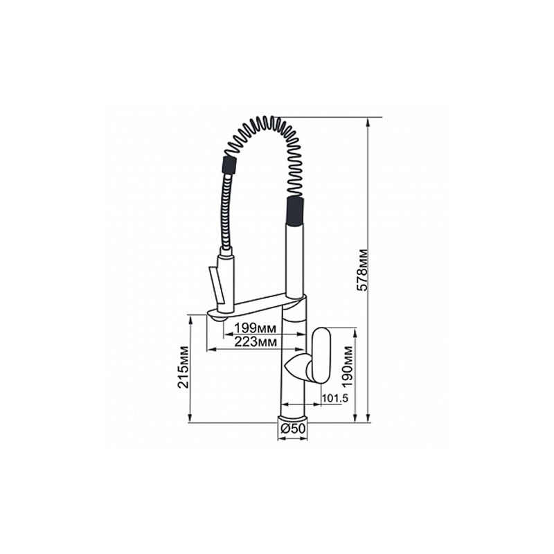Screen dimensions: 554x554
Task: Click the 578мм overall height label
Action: (x=362, y=270)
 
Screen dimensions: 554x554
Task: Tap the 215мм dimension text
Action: (x=184, y=368)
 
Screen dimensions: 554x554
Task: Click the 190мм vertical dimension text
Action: (x=348, y=366)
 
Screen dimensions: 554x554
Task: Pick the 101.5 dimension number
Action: (x=335, y=398)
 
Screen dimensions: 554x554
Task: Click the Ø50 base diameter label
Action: (x=292, y=429)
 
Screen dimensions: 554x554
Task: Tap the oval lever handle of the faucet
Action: (x=320, y=355)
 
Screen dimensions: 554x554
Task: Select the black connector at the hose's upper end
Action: (x=229, y=163)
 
